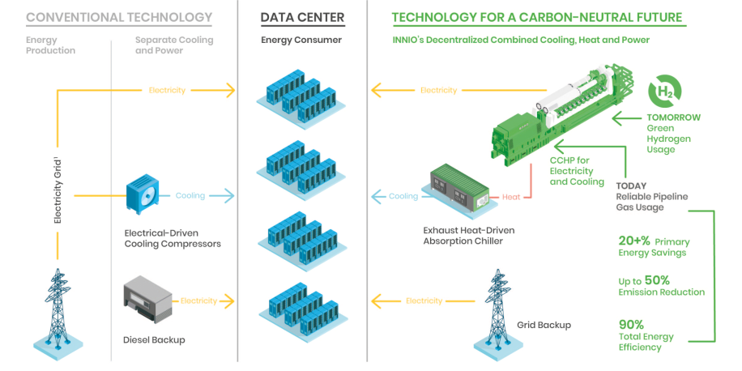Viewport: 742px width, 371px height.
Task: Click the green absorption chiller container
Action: pyautogui.click(x=459, y=188)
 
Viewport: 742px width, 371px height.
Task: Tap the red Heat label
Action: pyautogui.click(x=510, y=196)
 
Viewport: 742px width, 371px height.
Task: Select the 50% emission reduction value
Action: pyautogui.click(x=656, y=279)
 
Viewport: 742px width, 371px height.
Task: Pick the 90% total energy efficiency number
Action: pyautogui.click(x=632, y=325)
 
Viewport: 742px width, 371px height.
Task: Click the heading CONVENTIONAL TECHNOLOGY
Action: pyautogui.click(x=119, y=17)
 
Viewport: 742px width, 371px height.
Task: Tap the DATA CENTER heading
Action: pyautogui.click(x=301, y=17)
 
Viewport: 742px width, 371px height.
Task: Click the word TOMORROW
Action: pyautogui.click(x=673, y=117)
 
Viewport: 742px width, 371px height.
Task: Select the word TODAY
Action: pyautogui.click(x=631, y=185)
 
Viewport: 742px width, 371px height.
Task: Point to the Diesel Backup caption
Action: pyautogui.click(x=154, y=339)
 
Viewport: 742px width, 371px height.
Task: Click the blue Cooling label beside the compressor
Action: pyautogui.click(x=190, y=195)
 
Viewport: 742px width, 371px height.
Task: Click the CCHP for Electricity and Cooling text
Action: pyautogui.click(x=577, y=171)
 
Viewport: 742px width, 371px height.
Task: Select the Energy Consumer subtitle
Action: pyautogui.click(x=301, y=40)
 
